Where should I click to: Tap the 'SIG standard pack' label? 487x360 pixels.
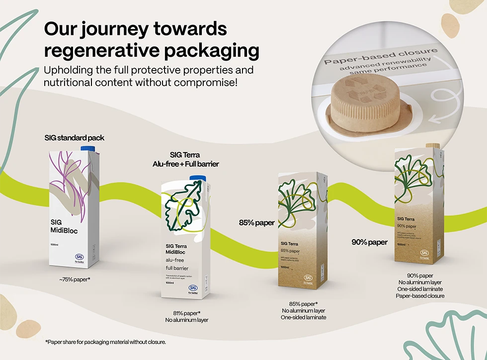(x=74, y=137)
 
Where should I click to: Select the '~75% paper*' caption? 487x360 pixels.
(x=75, y=280)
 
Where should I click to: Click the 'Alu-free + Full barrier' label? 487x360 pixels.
(x=185, y=164)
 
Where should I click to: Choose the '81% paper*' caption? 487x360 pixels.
(x=186, y=313)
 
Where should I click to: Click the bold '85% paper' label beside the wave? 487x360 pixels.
(x=257, y=222)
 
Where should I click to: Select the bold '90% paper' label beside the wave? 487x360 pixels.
(x=369, y=242)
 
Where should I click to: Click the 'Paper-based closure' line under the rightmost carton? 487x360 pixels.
(x=420, y=296)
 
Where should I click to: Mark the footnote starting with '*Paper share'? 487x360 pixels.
(x=105, y=342)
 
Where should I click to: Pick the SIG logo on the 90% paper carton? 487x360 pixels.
(x=424, y=253)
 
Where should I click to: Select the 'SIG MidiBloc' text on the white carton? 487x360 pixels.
(x=64, y=226)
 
